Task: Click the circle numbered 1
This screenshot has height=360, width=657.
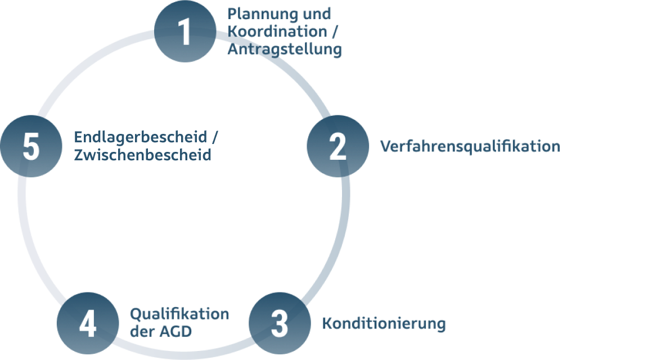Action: point(185,31)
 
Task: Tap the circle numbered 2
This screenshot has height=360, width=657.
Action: point(337,147)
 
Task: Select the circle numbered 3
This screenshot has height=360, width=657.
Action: point(280,323)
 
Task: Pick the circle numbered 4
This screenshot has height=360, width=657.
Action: point(88,323)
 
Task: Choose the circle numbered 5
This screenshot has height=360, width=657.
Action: point(31,147)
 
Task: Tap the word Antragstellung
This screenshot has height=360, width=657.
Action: point(285,49)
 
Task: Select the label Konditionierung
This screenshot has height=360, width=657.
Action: point(384,323)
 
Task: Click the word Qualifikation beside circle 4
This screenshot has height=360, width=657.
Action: point(179,314)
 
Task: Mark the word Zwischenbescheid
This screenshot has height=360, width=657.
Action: point(143,155)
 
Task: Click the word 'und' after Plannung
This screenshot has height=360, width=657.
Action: point(317,13)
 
